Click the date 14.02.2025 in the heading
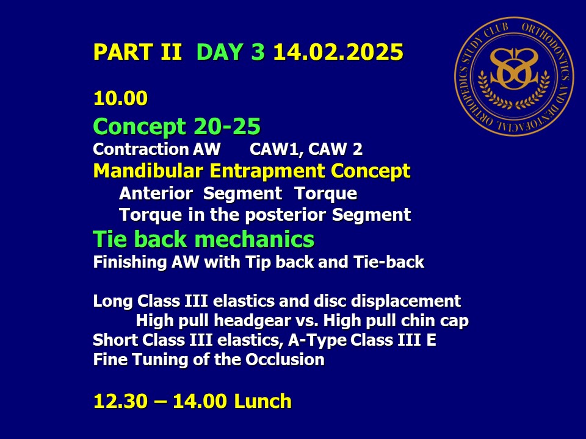pyautogui.click(x=338, y=52)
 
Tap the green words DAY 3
pyautogui.click(x=231, y=52)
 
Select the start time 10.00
pyautogui.click(x=120, y=99)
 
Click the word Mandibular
pyautogui.click(x=148, y=171)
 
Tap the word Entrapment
pyautogui.click(x=267, y=172)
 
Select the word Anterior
pyautogui.click(x=156, y=193)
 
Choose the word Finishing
pyautogui.click(x=129, y=262)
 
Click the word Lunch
pyautogui.click(x=262, y=401)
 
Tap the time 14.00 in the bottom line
pyautogui.click(x=200, y=401)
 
